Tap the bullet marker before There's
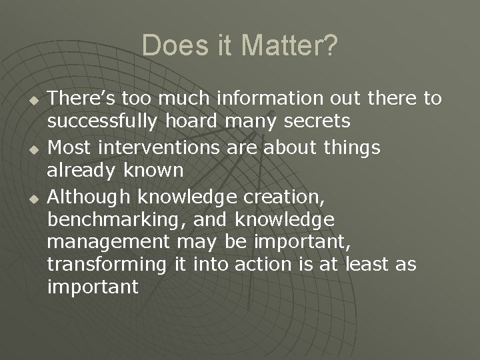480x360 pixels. point(29,101)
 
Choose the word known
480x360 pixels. point(155,171)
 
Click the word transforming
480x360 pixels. point(107,265)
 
